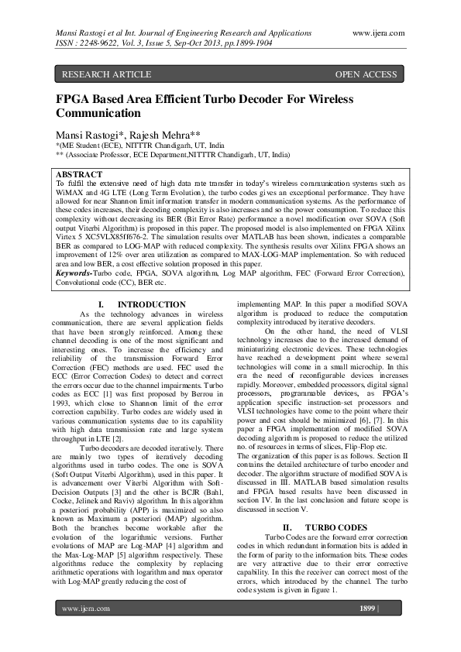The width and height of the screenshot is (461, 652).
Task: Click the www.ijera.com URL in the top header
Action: click(x=377, y=34)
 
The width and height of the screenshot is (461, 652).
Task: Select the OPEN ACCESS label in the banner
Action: click(x=365, y=74)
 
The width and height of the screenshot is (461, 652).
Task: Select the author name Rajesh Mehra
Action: click(x=160, y=135)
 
